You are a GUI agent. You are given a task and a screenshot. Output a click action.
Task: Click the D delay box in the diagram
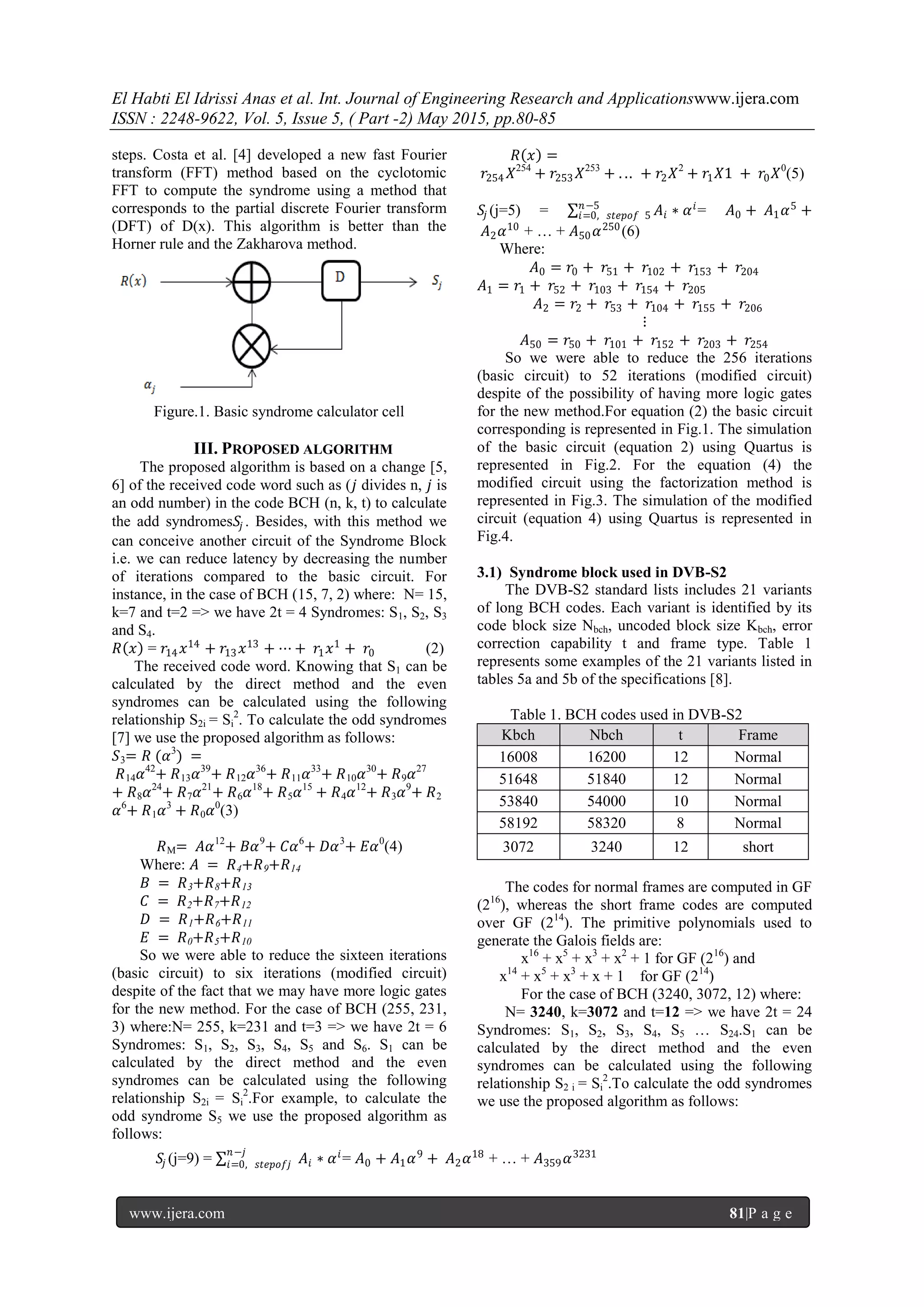tap(341, 280)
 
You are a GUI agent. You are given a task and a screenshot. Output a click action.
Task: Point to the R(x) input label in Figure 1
tap(133, 281)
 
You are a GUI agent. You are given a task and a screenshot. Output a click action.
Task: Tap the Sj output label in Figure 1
tap(437, 281)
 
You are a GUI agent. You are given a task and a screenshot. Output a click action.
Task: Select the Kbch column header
tap(517, 735)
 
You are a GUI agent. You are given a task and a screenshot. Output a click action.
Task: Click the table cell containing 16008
tap(517, 757)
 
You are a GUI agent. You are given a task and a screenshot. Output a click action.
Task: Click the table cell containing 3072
tap(517, 846)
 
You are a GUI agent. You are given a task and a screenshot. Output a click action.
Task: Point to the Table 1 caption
tap(626, 715)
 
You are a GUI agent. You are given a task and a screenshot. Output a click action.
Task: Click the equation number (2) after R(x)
tap(434, 648)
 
